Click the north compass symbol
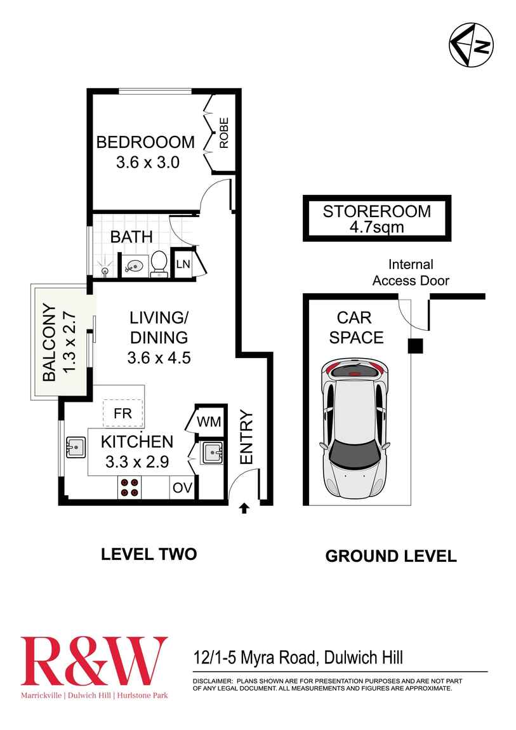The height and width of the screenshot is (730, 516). tap(472, 45)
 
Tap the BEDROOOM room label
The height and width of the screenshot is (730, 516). tap(145, 142)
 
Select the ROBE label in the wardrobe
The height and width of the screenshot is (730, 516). tap(223, 133)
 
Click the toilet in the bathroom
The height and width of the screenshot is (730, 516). tap(159, 263)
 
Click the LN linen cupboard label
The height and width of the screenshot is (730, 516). tap(183, 263)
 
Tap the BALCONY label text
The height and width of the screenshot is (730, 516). tap(50, 343)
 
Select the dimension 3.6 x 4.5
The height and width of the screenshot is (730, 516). tap(159, 358)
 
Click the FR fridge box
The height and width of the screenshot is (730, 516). tap(122, 413)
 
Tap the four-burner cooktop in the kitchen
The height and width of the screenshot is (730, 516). tap(129, 486)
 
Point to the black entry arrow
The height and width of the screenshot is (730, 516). tap(244, 507)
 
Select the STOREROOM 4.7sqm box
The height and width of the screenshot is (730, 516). tap(376, 218)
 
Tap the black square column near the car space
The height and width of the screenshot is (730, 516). tap(415, 345)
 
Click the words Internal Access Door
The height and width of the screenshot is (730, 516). tap(411, 272)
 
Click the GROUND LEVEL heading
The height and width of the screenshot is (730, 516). tap(390, 556)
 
